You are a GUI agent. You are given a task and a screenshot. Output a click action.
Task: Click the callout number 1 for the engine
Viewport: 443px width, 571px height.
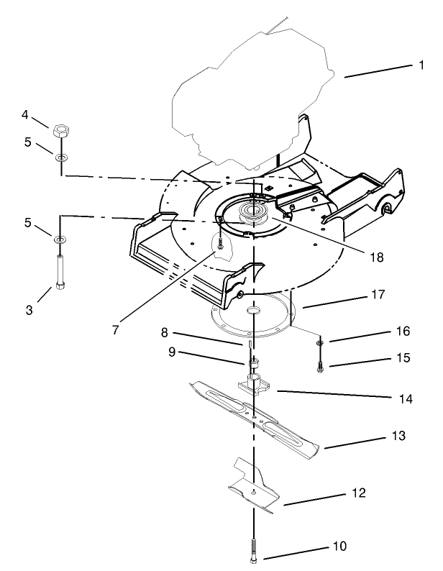(421, 65)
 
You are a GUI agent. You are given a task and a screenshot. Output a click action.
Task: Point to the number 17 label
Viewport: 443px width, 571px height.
(378, 295)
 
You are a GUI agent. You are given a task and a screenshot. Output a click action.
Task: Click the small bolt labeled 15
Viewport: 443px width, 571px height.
(319, 367)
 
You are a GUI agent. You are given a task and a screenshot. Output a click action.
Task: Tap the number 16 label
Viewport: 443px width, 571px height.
(403, 332)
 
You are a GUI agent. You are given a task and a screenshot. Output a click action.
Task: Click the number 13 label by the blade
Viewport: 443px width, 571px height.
(399, 436)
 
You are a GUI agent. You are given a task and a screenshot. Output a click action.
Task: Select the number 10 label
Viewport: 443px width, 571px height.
(339, 547)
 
